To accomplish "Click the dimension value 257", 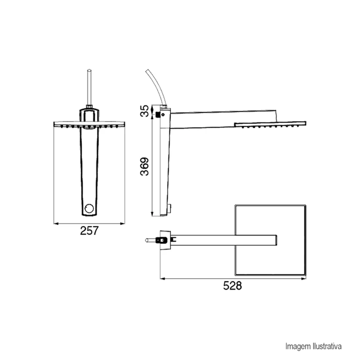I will [x=89, y=231].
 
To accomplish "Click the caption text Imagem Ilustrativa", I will [x=314, y=346].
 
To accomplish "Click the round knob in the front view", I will [x=89, y=208].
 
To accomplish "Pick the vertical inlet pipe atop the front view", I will [x=89, y=87].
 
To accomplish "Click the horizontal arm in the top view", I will [x=225, y=239].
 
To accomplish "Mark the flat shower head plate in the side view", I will [x=270, y=123].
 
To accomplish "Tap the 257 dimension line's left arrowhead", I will [x=55, y=223].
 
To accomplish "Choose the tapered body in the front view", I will [x=89, y=166].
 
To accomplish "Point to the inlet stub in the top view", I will [x=150, y=240].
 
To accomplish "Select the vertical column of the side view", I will [x=164, y=162].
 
